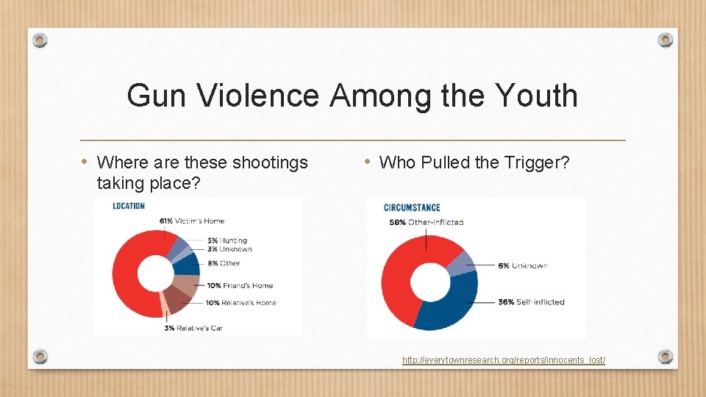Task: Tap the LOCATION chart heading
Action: pos(129,206)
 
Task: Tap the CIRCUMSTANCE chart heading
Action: pos(412,208)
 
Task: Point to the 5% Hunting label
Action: pos(227,240)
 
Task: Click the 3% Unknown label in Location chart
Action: pos(229,249)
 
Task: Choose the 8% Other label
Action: pos(224,262)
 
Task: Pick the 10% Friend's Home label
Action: pos(240,285)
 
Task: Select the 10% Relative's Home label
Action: pos(242,302)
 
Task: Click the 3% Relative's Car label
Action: pos(193,328)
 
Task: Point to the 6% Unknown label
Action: pos(523,265)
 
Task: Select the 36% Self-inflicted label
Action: pos(531,301)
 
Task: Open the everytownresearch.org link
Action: pos(504,360)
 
